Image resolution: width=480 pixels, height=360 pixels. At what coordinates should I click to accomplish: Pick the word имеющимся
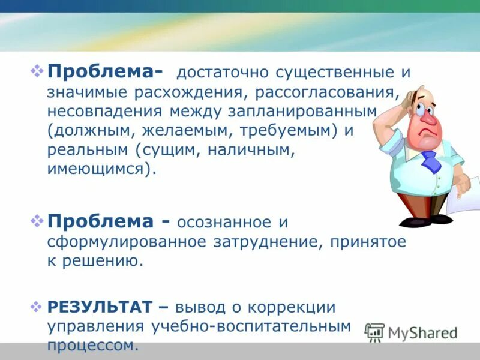click(x=101, y=170)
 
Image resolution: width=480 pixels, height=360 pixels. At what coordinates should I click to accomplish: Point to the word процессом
click(x=93, y=346)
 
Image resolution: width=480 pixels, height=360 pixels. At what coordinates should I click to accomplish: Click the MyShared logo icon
click(x=374, y=333)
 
